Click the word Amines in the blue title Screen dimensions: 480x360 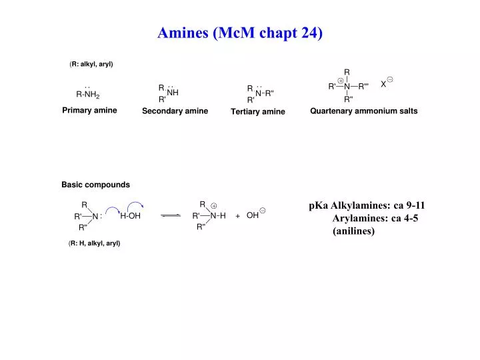pos(183,33)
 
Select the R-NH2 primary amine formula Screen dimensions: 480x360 pos(88,93)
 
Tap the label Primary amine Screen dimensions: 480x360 pos(89,110)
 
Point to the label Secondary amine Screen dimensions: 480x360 pos(175,111)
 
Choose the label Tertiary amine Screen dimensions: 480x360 pos(258,111)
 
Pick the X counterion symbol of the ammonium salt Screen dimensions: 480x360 pos(383,84)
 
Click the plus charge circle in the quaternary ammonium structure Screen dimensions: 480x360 pos(341,81)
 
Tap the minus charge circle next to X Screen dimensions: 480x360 pos(390,79)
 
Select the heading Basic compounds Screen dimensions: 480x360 pos(95,185)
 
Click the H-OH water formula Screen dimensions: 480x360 pos(130,216)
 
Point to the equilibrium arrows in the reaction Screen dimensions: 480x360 pos(171,215)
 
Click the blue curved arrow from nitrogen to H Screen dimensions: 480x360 pos(113,209)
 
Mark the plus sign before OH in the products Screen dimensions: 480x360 pos(237,216)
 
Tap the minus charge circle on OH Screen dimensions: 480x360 pos(263,211)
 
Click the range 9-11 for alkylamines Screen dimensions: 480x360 pos(415,205)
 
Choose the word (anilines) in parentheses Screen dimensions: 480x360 pos(353,231)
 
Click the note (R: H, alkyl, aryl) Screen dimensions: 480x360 pos(94,243)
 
